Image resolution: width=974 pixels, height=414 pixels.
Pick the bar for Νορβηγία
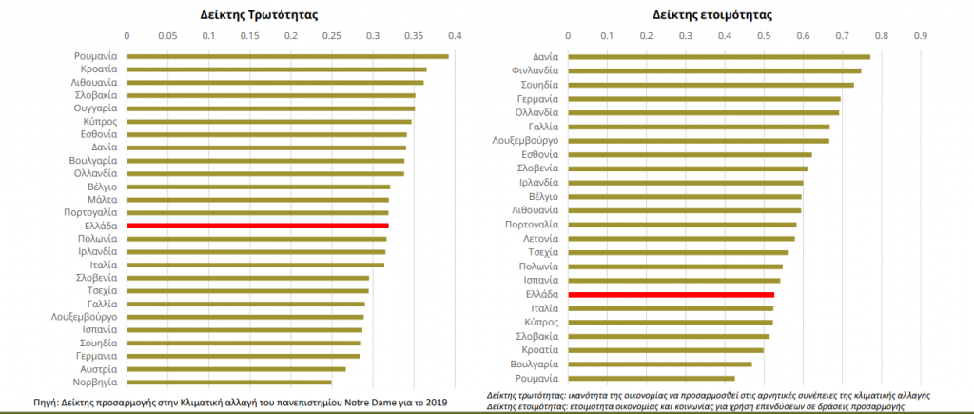pyautogui.click(x=228, y=382)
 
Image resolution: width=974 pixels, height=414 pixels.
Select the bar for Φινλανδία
pyautogui.click(x=714, y=70)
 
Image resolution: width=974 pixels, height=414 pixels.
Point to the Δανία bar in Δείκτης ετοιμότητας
pyautogui.click(x=719, y=56)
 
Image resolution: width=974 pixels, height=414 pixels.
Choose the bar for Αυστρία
pyautogui.click(x=236, y=368)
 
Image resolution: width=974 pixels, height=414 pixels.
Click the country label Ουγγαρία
pyautogui.click(x=96, y=108)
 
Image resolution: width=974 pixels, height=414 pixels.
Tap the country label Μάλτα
pyautogui.click(x=103, y=200)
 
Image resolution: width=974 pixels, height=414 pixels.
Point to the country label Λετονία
pyautogui.click(x=539, y=238)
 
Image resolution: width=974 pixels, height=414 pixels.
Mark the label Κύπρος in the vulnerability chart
pyautogui.click(x=101, y=122)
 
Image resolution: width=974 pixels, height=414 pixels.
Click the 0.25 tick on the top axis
pyautogui.click(x=331, y=37)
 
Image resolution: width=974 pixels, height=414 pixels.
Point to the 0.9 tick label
pyautogui.click(x=920, y=37)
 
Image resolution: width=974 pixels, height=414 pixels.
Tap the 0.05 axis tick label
pyautogui.click(x=167, y=37)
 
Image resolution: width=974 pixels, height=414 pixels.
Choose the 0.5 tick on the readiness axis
pyautogui.click(x=764, y=37)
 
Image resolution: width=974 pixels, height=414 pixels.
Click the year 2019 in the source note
pyautogui.click(x=436, y=402)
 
